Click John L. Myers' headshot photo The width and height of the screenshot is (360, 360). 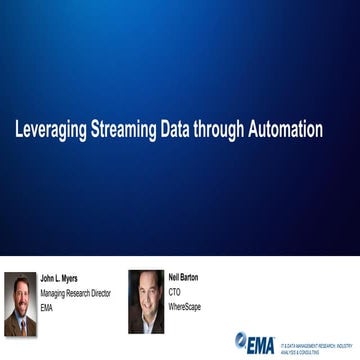[x=20, y=304]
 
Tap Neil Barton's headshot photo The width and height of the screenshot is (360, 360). [x=145, y=301]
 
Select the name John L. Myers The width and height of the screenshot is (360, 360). [x=59, y=278]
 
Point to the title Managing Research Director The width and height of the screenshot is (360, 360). [x=75, y=293]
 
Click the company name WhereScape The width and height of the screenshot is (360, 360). [x=184, y=307]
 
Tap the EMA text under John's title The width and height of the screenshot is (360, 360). [x=46, y=308]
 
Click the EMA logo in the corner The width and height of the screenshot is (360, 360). [x=254, y=341]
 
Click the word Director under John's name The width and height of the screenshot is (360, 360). [x=99, y=293]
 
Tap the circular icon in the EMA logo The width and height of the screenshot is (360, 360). [x=240, y=340]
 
